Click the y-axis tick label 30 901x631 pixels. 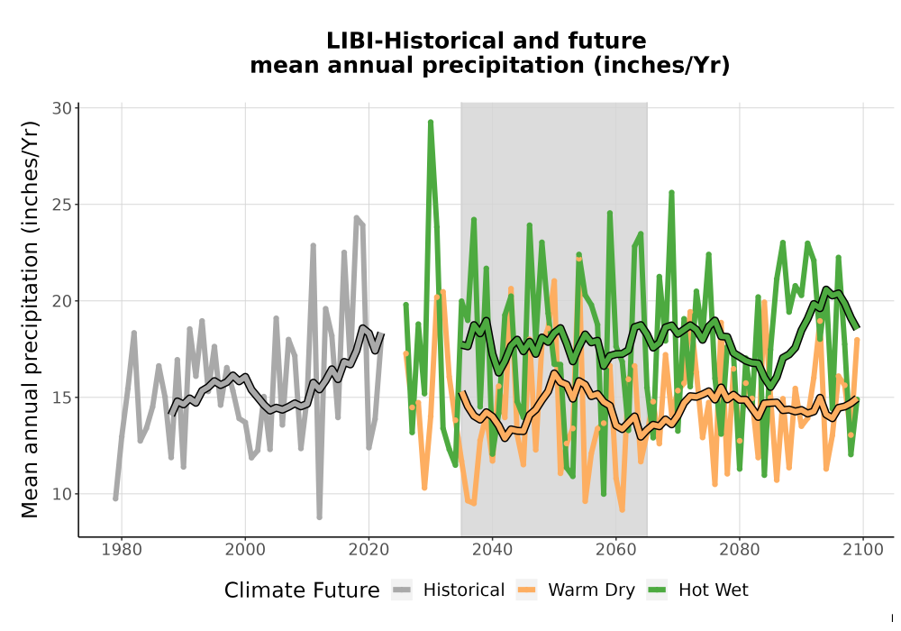coord(62,108)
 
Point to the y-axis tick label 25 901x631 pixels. coord(62,205)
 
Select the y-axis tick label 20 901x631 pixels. coord(62,301)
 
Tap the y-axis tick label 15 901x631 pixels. coord(62,398)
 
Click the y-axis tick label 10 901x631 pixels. coord(62,494)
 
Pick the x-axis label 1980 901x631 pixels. coord(122,550)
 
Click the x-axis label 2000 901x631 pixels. coord(245,550)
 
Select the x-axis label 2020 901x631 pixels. coord(369,550)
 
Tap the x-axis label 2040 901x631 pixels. coord(492,550)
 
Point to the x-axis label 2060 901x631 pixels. coord(615,550)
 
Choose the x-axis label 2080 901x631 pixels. coord(740,550)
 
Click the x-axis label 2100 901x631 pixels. coord(863,550)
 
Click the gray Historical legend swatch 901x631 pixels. coord(402,590)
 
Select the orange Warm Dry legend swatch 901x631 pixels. coord(526,590)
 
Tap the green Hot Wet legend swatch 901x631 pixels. coord(657,590)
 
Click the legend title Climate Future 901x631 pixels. coord(302,590)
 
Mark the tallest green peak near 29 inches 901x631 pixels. coord(431,123)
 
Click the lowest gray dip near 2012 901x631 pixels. coord(320,517)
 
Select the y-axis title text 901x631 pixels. coord(30,319)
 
